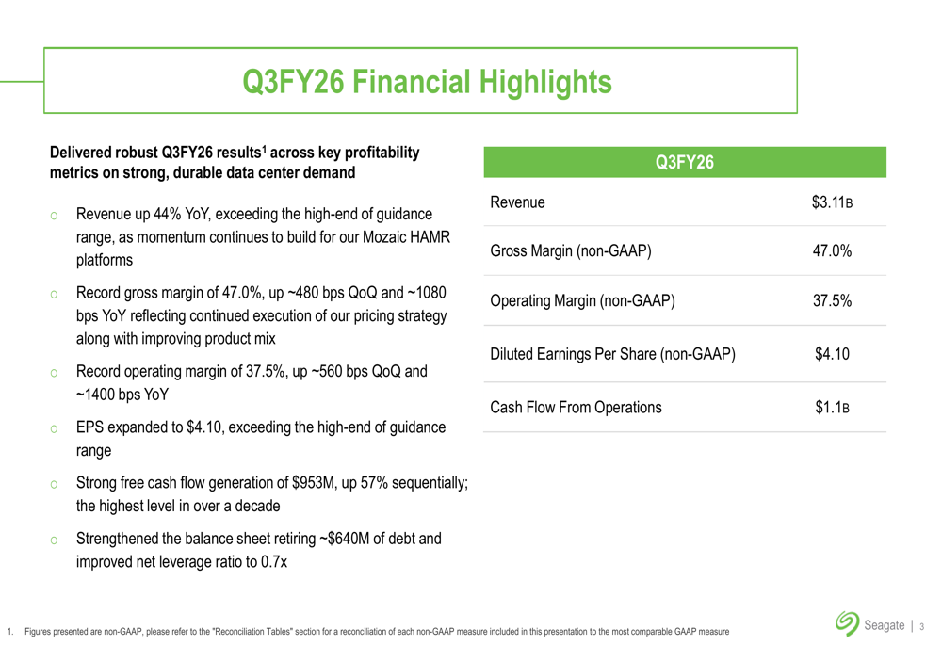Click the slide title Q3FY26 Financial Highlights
[427, 81]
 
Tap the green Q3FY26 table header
[684, 163]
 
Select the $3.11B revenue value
[832, 202]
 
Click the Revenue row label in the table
[517, 202]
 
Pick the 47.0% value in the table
[832, 250]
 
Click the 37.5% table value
[832, 301]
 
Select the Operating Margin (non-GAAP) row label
[582, 301]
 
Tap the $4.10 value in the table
[832, 355]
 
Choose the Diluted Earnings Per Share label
[612, 355]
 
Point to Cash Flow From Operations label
[576, 408]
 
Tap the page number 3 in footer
[921, 625]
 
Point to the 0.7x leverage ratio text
[272, 562]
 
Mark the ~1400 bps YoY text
[122, 394]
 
